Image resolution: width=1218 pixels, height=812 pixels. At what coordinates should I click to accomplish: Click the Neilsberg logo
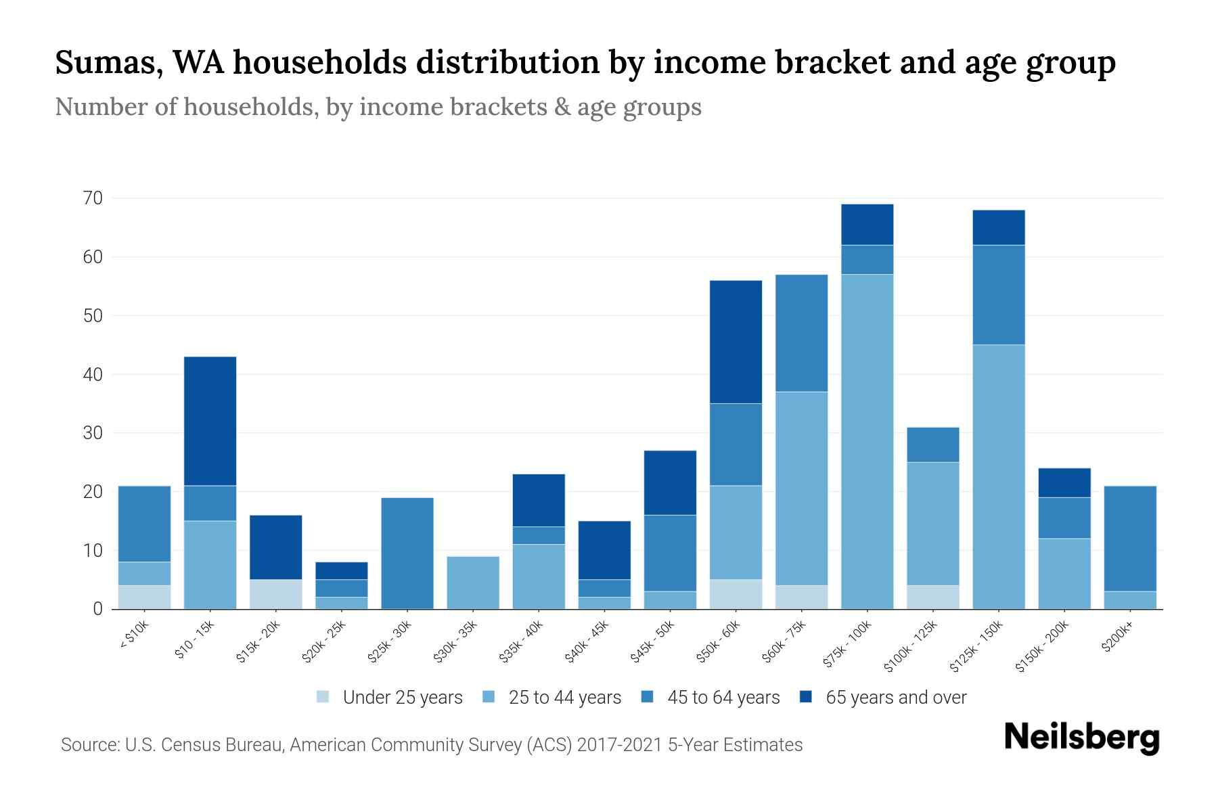(x=1081, y=737)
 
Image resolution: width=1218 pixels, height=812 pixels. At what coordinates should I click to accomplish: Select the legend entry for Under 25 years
(x=390, y=698)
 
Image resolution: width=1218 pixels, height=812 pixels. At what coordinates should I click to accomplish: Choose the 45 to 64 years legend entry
(x=710, y=698)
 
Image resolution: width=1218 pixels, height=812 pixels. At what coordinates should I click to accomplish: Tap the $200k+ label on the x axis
(x=1117, y=639)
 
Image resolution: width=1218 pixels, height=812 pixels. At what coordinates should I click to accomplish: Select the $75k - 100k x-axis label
(x=849, y=646)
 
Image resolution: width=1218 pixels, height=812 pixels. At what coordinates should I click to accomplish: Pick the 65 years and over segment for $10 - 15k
(x=210, y=421)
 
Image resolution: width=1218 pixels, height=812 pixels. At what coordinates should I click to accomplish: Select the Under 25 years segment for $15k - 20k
(x=276, y=594)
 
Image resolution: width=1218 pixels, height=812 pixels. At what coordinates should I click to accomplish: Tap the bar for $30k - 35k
(x=473, y=583)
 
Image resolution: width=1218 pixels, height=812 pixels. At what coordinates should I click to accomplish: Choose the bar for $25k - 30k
(x=407, y=554)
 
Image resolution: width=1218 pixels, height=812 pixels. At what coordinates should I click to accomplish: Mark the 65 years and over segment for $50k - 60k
(x=736, y=342)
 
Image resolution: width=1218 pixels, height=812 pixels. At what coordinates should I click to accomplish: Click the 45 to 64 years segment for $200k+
(x=1130, y=539)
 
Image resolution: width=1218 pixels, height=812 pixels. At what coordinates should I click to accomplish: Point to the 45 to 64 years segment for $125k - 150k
(x=999, y=295)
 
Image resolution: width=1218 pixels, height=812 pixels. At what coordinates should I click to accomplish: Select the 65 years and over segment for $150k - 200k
(x=1064, y=483)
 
